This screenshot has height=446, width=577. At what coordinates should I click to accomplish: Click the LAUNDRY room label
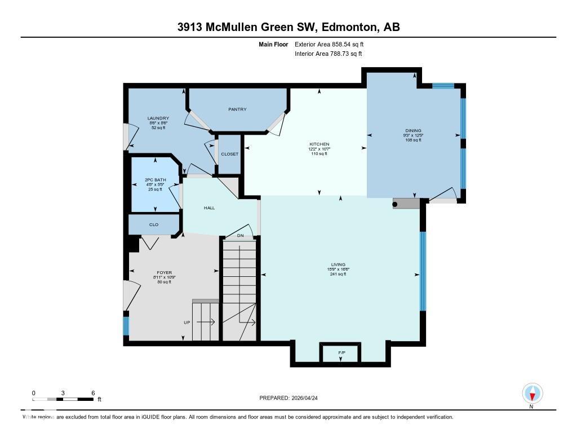pos(158,118)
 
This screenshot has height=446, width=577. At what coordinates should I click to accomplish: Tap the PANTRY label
pos(237,109)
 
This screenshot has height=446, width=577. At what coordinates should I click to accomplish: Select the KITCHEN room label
pos(319,144)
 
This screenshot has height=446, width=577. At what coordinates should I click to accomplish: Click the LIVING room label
pos(338,264)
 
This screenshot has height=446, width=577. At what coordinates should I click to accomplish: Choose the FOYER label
pos(164,273)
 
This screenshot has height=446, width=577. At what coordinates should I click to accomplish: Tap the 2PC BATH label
pos(155,180)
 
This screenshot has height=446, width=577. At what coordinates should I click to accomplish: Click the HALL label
pos(209,208)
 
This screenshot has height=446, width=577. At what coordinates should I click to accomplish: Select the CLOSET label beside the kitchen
pos(229,154)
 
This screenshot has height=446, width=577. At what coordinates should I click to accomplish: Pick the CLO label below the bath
pos(154,224)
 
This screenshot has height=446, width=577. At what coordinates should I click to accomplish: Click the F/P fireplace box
pos(341,352)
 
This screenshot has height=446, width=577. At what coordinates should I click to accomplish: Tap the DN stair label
pos(241,235)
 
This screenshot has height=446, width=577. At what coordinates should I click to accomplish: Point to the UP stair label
pos(187,323)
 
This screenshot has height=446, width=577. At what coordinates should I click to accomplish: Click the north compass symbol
pos(532,393)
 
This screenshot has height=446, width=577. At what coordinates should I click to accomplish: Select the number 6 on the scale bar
pos(92,393)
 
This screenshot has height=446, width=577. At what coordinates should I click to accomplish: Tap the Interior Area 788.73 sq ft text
pos(329,54)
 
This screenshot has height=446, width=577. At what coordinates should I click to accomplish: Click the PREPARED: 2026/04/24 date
pos(292,398)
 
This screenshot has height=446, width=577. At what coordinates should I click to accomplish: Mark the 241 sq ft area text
pos(338,274)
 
